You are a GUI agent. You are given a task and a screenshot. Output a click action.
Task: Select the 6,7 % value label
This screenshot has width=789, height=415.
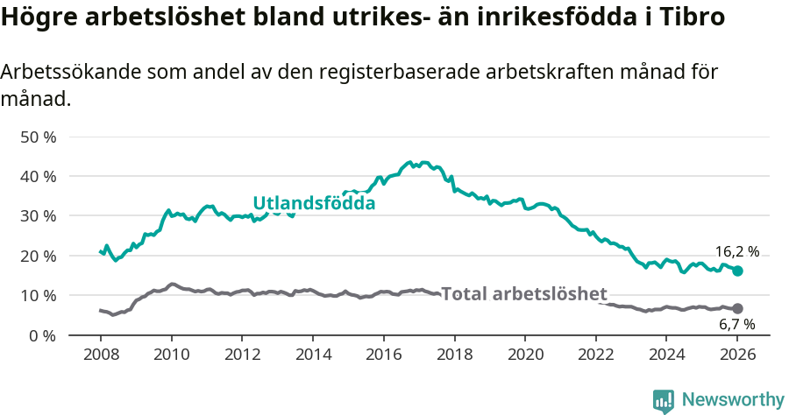tap(736, 324)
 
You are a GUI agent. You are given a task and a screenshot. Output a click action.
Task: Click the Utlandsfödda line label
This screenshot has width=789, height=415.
tap(314, 203)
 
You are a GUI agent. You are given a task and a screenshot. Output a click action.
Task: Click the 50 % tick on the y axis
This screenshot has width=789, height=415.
tap(37, 137)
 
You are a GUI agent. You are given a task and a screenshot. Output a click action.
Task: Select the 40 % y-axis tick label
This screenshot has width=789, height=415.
tap(37, 177)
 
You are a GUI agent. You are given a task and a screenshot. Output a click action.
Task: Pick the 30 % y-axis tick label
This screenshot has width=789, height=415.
tap(37, 216)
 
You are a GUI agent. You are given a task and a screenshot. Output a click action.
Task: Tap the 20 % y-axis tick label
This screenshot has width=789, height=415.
tap(37, 257)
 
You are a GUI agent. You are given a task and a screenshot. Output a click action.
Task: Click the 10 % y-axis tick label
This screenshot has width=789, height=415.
tap(37, 296)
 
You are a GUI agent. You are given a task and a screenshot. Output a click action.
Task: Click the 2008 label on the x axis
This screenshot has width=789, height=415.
tap(101, 355)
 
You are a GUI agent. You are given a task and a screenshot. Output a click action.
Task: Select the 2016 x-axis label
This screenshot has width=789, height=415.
tap(383, 355)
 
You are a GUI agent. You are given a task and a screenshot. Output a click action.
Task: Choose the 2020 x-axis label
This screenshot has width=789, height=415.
tap(525, 355)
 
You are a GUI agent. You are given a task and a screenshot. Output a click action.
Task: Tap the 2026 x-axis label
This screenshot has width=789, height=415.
tap(737, 355)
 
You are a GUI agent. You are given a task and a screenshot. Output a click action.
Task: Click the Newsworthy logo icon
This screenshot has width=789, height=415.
tap(664, 401)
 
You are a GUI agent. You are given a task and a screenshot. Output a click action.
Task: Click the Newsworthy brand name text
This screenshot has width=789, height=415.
tap(732, 400)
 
